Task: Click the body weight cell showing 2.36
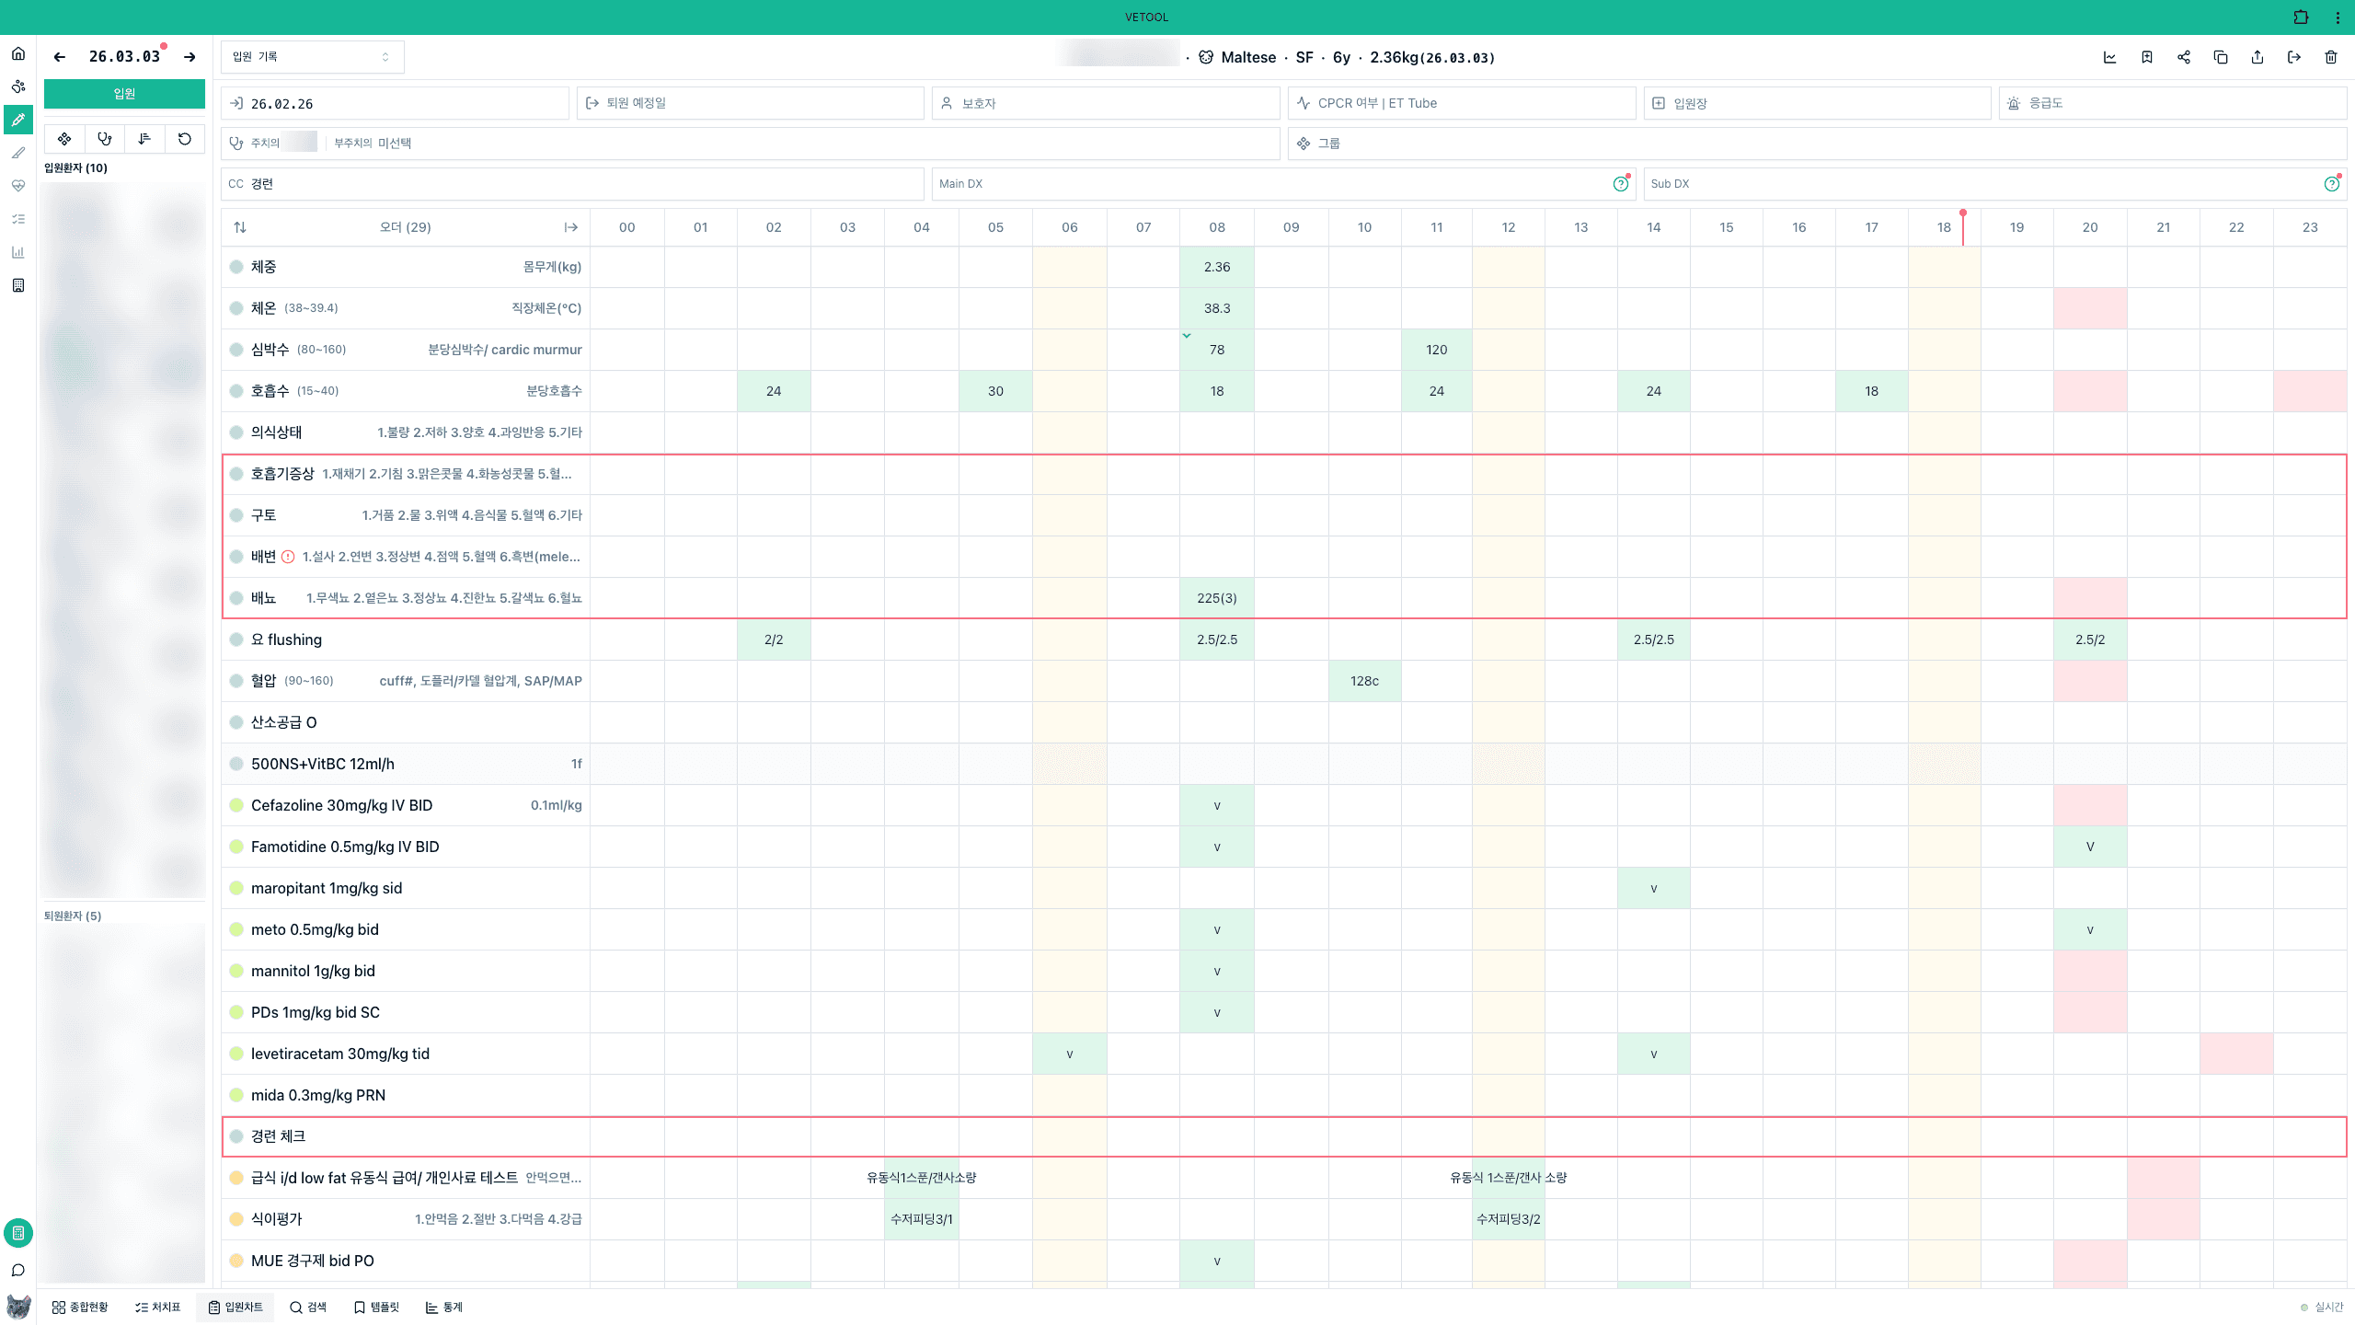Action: click(1216, 267)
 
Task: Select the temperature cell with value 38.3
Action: click(1216, 308)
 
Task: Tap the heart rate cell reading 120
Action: click(1436, 350)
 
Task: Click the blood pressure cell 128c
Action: click(1364, 681)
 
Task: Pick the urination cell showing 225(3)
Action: click(1216, 598)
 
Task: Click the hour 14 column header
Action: click(1653, 227)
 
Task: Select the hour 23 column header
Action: click(2309, 227)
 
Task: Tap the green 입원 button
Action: click(124, 94)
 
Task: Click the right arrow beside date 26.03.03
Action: click(190, 57)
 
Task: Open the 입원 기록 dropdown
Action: click(312, 57)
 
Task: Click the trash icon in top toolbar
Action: click(2330, 57)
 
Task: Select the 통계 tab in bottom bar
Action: click(444, 1307)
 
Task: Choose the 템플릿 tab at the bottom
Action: click(376, 1307)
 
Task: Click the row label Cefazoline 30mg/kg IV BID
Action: click(341, 805)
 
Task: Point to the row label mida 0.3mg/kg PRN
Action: click(318, 1095)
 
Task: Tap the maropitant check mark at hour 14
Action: click(1653, 888)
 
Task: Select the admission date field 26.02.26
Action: click(395, 103)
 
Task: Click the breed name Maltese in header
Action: click(1247, 57)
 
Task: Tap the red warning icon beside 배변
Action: click(288, 557)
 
